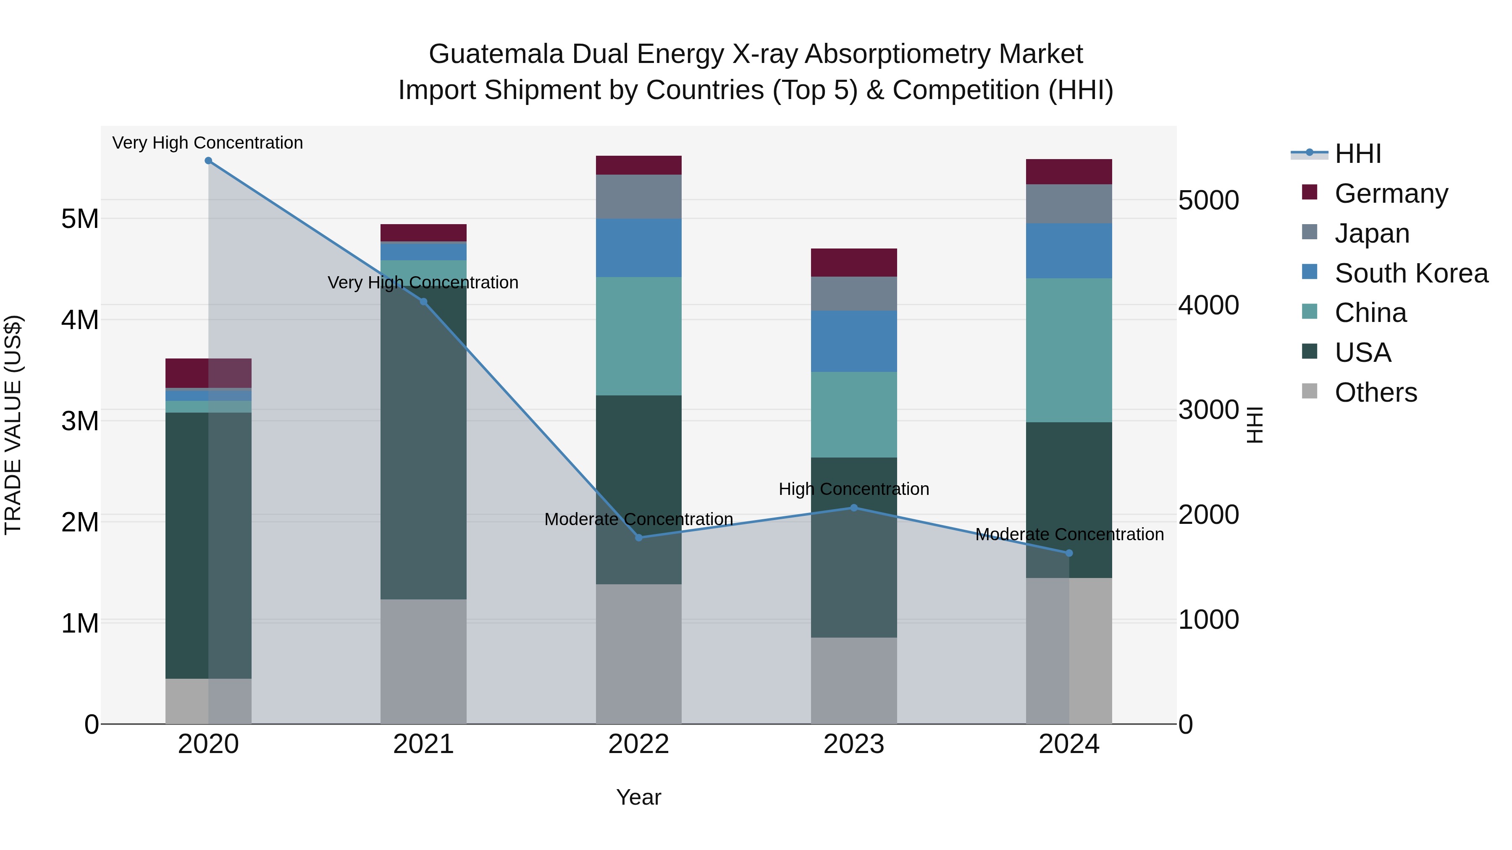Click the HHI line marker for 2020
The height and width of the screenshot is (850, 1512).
point(208,161)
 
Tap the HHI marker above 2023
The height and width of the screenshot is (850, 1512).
point(854,508)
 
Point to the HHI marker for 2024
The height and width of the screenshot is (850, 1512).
point(1069,553)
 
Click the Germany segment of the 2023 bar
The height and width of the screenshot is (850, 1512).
point(854,263)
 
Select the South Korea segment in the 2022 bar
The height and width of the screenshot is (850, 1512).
point(638,248)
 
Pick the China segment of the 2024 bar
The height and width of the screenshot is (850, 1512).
point(1069,350)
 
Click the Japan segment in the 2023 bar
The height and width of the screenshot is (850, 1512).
point(854,294)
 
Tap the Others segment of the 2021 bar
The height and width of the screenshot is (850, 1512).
point(423,662)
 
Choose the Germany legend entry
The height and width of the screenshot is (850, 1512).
point(1391,194)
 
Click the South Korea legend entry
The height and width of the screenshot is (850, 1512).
point(1411,273)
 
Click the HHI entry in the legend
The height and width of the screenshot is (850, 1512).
point(1357,154)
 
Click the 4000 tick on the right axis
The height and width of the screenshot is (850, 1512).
point(1208,305)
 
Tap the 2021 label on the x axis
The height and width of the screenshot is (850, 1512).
point(423,744)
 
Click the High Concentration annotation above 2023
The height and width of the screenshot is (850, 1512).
point(853,489)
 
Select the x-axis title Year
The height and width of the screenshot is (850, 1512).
point(638,798)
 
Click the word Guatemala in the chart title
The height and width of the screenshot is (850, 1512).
point(496,54)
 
